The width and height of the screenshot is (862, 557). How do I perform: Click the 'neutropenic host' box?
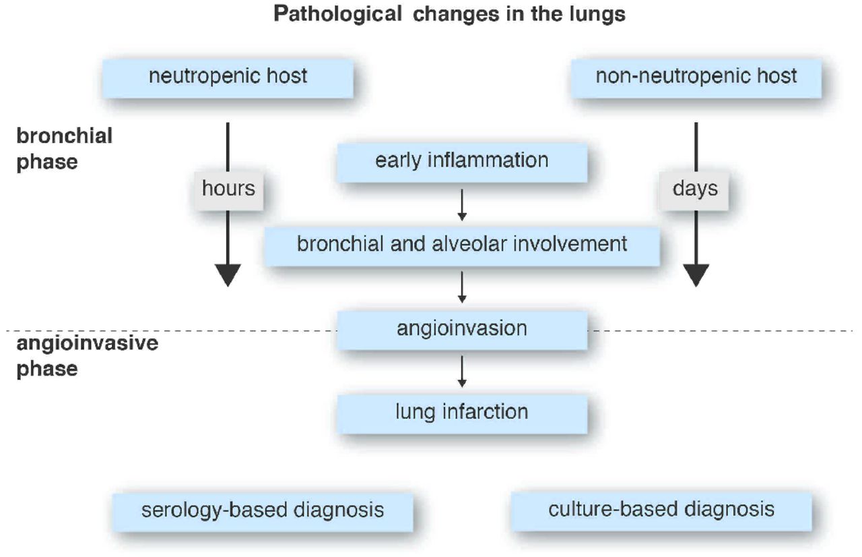[x=228, y=77]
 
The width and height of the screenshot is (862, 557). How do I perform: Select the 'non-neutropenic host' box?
[x=696, y=77]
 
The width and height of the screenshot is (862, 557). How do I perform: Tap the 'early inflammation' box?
[x=461, y=162]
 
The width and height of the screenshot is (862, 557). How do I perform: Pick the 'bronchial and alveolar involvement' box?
[x=461, y=245]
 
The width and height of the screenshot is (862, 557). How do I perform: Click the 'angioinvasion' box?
[x=461, y=329]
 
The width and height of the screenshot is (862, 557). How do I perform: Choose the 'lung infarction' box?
[x=461, y=413]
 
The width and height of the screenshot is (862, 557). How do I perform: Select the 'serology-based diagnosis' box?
[x=263, y=510]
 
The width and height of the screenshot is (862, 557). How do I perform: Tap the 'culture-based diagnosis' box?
[x=661, y=509]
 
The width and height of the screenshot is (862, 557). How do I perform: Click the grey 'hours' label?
[x=228, y=189]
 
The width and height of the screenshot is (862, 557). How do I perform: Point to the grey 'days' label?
[x=696, y=189]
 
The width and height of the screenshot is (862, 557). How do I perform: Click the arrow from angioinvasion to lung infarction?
[x=462, y=372]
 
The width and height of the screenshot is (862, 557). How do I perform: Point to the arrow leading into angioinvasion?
[x=462, y=288]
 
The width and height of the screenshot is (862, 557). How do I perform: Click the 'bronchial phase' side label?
[x=64, y=148]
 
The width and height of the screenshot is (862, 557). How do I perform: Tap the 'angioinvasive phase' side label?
[x=87, y=355]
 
